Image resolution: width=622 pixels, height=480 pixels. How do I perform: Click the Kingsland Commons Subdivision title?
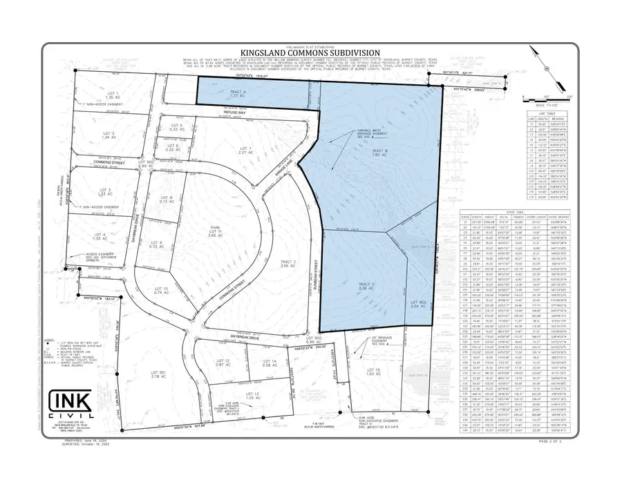(310, 52)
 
